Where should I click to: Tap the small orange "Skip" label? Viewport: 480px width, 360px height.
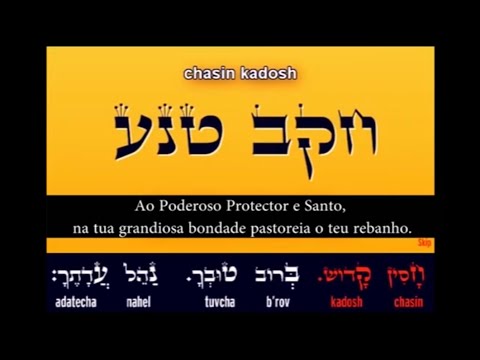[422, 242]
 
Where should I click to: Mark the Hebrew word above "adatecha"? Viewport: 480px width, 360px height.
[75, 276]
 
